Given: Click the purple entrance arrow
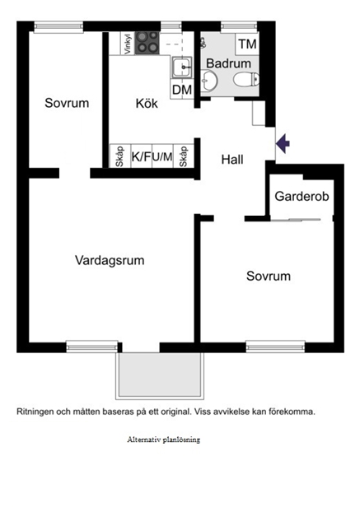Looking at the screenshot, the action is (x=283, y=143).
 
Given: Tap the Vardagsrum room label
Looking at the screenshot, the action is (x=110, y=261).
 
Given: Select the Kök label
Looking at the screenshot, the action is (x=147, y=104).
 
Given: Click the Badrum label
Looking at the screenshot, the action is (x=228, y=63).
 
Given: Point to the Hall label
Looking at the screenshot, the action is (x=232, y=160).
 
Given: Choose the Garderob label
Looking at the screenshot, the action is (x=302, y=196).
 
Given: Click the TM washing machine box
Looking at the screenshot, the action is (x=247, y=44).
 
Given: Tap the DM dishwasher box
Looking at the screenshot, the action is (x=182, y=90).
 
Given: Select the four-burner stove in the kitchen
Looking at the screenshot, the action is (x=147, y=43).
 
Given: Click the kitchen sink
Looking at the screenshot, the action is (x=181, y=67).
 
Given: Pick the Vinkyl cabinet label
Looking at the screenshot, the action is (x=128, y=44).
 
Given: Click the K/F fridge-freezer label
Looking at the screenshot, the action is (x=141, y=157).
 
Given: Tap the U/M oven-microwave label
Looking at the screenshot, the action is (x=162, y=157).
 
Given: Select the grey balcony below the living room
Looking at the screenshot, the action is (x=160, y=374).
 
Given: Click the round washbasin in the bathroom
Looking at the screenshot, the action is (x=208, y=80).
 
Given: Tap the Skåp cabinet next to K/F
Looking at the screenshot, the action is (x=119, y=156).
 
